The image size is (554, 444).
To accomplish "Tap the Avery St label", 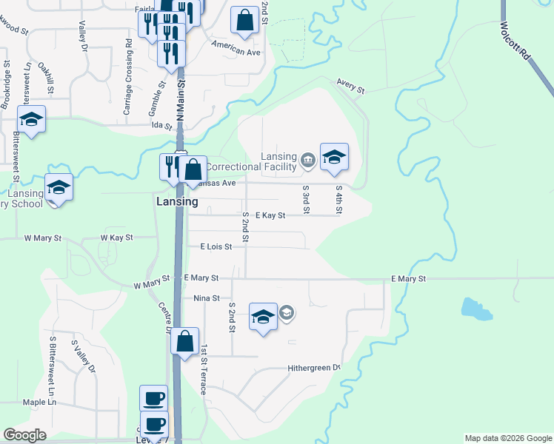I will point(351,86).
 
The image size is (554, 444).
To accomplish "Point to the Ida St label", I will point(161,125).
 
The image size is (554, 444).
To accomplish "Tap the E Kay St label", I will point(270,215).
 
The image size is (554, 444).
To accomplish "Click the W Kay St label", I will point(116,238).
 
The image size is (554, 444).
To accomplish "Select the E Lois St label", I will point(216,246).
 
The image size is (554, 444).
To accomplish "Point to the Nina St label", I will point(207,298).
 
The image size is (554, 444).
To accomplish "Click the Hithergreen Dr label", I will point(314,368).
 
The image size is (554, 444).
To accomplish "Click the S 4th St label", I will point(338,199).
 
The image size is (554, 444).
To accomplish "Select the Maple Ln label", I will point(39,402).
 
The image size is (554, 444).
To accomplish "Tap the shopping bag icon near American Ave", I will point(244,21).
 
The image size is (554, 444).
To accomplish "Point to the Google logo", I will point(24,435).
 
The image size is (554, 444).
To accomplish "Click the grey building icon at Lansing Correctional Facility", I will point(307,158).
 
